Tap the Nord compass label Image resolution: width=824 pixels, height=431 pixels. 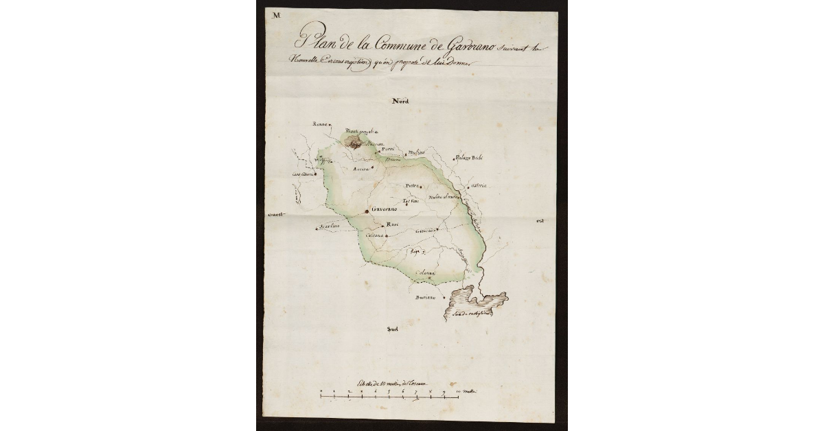point(400,101)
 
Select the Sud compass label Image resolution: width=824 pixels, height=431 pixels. point(392,329)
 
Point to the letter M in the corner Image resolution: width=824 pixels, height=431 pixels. point(276,15)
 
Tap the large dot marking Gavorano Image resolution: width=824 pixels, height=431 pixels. point(366,211)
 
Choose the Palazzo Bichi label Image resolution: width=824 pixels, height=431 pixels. point(470,158)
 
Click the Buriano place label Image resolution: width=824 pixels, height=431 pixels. point(426,298)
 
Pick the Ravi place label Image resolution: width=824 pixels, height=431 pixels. point(393,225)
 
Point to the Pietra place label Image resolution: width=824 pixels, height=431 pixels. point(411,185)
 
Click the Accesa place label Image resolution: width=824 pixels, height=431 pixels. point(361,168)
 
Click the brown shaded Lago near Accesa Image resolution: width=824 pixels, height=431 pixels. point(354,145)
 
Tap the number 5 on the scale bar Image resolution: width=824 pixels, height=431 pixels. point(389,390)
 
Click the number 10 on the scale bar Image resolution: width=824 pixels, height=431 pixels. point(458,390)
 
